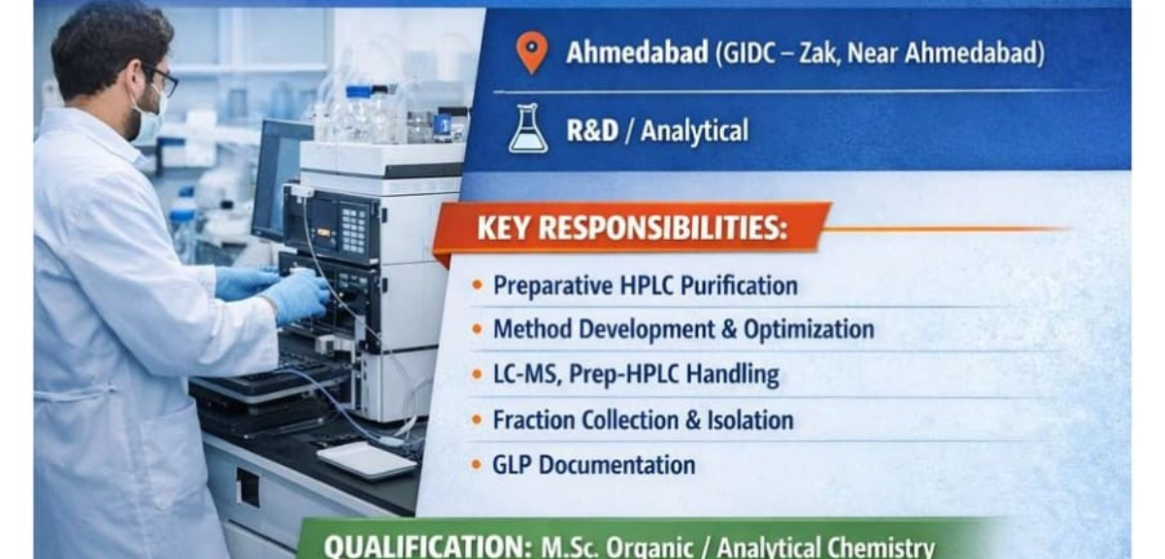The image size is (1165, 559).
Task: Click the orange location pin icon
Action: (x=531, y=51)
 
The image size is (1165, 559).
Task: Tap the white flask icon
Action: (x=528, y=130)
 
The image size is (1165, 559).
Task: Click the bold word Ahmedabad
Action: (x=637, y=52)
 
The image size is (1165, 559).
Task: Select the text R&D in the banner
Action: (x=592, y=130)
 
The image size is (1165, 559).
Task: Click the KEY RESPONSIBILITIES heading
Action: (x=632, y=228)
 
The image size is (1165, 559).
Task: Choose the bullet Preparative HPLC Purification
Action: (x=646, y=285)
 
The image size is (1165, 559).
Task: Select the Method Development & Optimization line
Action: (x=683, y=329)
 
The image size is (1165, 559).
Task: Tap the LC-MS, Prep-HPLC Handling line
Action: (x=636, y=375)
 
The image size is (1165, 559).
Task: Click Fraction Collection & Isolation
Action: (x=643, y=419)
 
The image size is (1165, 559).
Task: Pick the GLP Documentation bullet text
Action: (x=593, y=465)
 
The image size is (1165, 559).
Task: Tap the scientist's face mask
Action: (x=146, y=122)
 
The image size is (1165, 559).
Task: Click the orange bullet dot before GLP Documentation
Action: (x=477, y=465)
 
